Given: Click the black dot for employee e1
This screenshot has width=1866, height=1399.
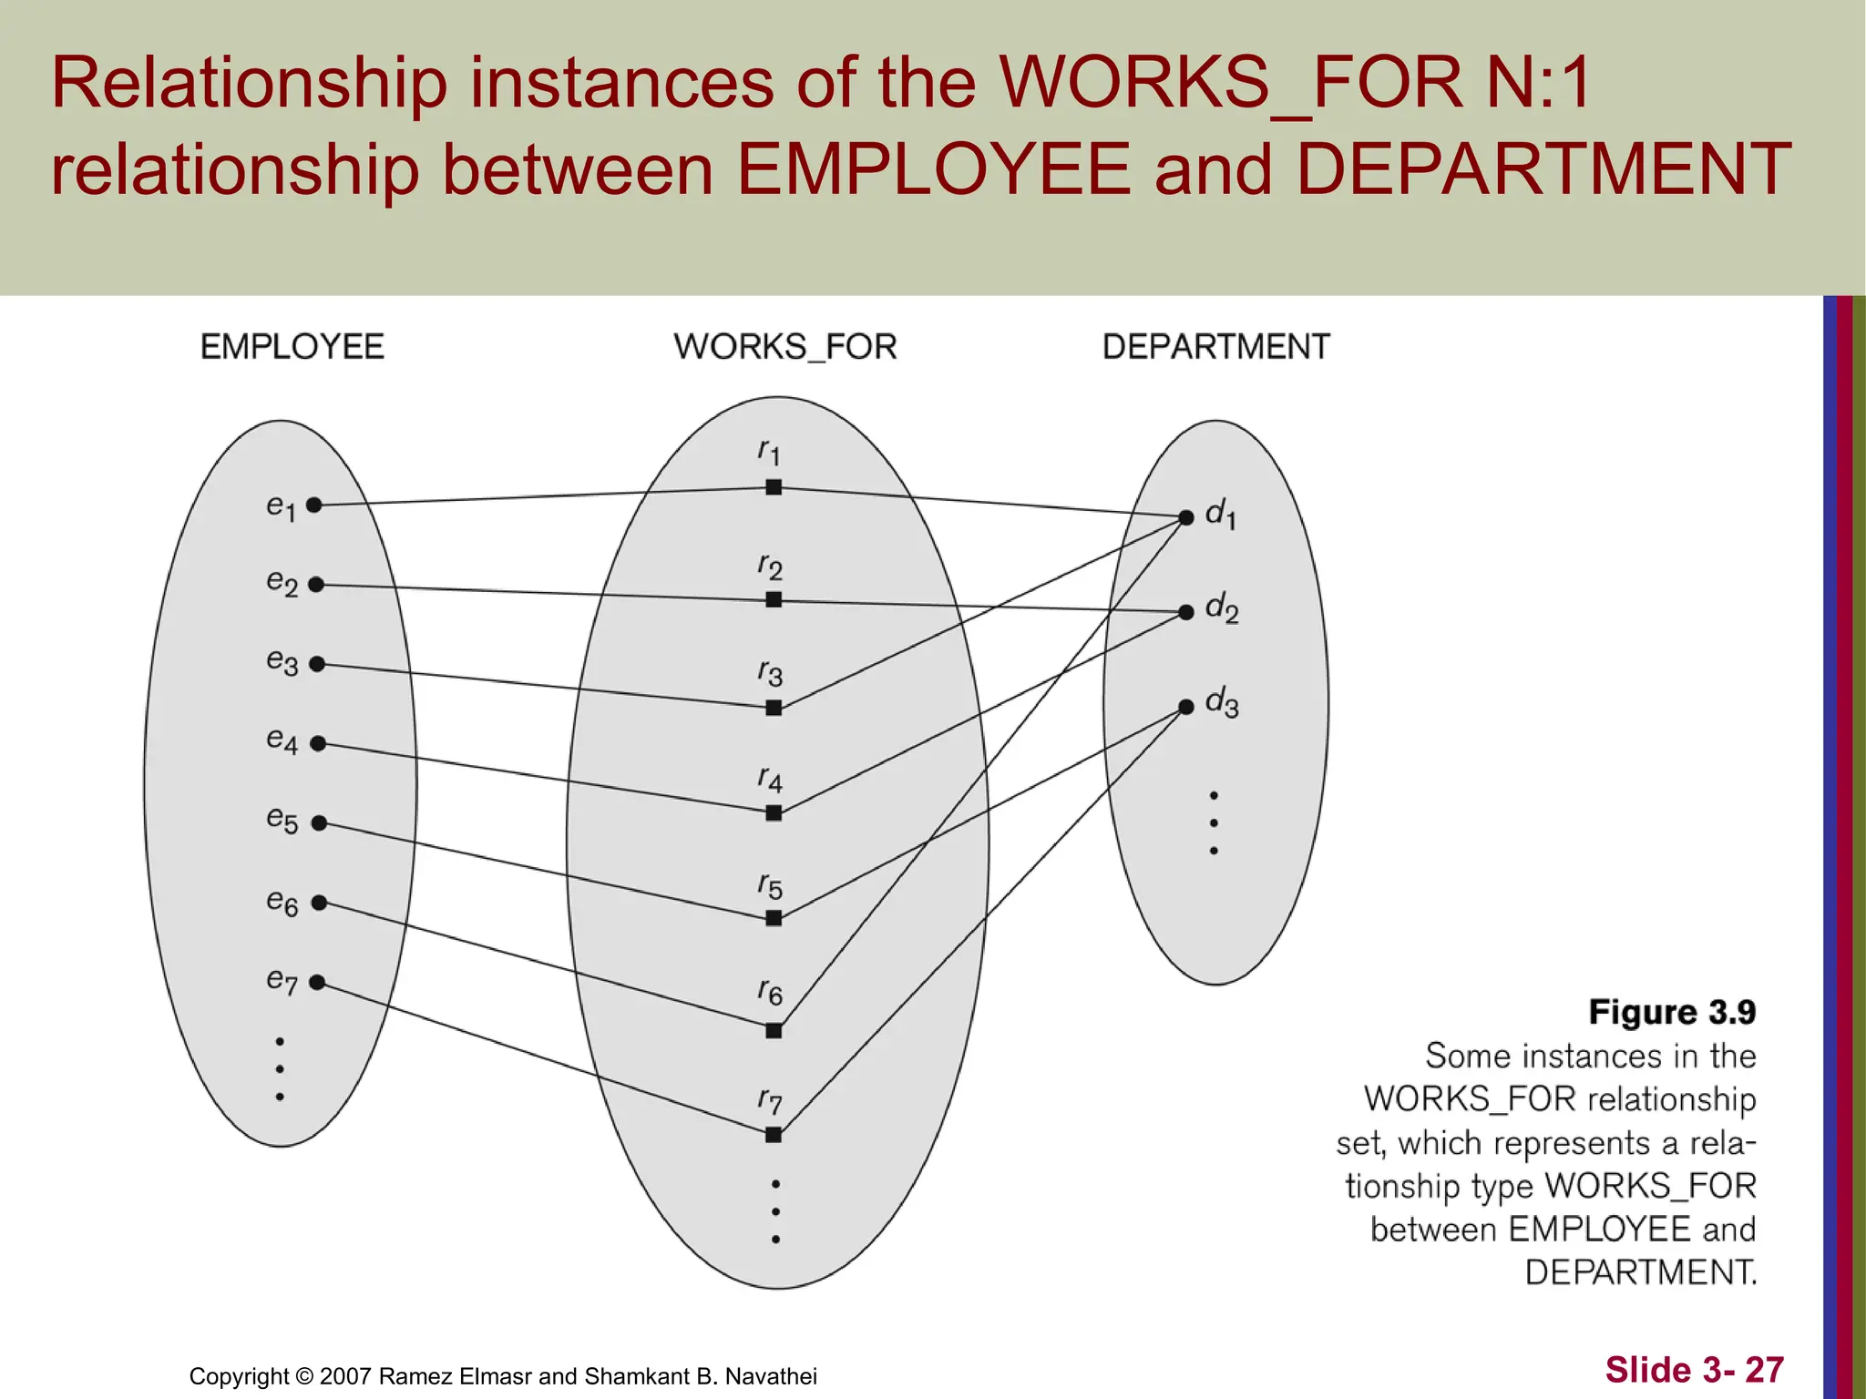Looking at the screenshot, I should tap(314, 505).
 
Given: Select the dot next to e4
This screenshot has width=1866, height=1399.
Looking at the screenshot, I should tap(318, 744).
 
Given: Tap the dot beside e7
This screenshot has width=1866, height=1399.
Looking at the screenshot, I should tap(317, 982).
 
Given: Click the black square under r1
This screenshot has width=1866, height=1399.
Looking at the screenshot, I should tap(774, 487).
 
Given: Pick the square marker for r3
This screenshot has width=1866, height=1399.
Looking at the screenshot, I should tap(774, 708).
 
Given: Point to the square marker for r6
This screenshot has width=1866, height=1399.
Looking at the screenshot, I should tap(774, 1031).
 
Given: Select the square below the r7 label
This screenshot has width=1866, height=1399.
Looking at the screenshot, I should tap(774, 1135).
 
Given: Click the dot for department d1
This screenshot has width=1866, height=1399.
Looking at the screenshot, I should tap(1186, 517).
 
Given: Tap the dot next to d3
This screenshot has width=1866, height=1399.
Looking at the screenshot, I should tap(1186, 707).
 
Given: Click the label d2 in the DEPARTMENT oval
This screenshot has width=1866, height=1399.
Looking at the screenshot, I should tap(1221, 608).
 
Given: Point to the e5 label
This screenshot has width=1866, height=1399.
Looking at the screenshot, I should tap(282, 820).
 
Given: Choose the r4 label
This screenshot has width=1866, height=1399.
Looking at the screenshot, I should tap(770, 780).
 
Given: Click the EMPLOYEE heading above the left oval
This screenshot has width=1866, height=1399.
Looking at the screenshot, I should tap(292, 347).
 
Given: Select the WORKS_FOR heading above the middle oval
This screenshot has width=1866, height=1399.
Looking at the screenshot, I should tap(785, 347).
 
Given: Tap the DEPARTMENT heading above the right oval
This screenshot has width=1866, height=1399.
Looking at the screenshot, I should tap(1216, 347).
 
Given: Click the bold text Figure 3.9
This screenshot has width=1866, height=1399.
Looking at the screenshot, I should tap(1672, 1012).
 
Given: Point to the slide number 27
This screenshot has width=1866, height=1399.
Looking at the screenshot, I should tap(1764, 1370).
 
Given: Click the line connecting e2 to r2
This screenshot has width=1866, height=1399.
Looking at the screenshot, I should tap(547, 593).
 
